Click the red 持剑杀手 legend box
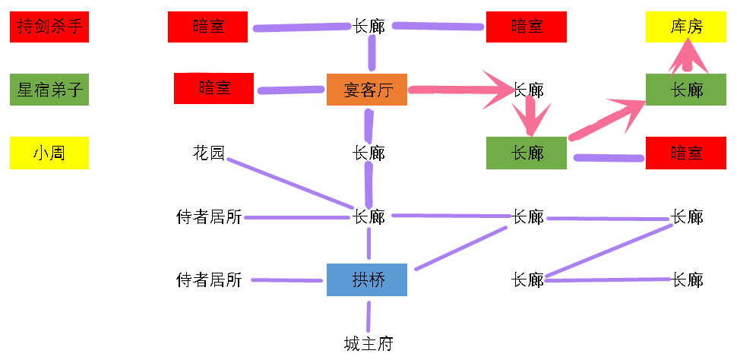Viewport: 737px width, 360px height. tap(49, 27)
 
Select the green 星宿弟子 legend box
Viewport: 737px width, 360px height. tap(49, 90)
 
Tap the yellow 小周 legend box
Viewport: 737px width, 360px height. tap(49, 153)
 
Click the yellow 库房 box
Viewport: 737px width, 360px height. tap(686, 27)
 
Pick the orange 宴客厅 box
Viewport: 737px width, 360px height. tap(367, 90)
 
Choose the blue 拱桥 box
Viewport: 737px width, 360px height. tap(367, 279)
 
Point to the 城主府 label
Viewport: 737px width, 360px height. tap(368, 344)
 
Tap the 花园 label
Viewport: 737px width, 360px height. tap(209, 153)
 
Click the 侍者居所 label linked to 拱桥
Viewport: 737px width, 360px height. tap(209, 280)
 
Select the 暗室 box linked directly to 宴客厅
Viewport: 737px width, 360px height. tap(214, 88)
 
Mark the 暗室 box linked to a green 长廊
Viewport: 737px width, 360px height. tap(686, 153)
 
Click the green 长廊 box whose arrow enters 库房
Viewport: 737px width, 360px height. tap(686, 90)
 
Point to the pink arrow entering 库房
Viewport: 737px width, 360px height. tap(688, 56)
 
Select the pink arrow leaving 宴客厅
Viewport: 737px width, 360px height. tap(460, 90)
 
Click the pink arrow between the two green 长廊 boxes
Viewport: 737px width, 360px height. tap(607, 120)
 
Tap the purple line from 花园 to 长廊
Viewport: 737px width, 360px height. tap(290, 183)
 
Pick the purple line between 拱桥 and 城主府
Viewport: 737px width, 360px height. tap(368, 317)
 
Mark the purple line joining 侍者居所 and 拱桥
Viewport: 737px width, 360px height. tap(286, 280)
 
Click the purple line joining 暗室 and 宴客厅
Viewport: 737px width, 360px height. tap(292, 90)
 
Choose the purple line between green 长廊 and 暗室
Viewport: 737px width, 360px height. tap(609, 158)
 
